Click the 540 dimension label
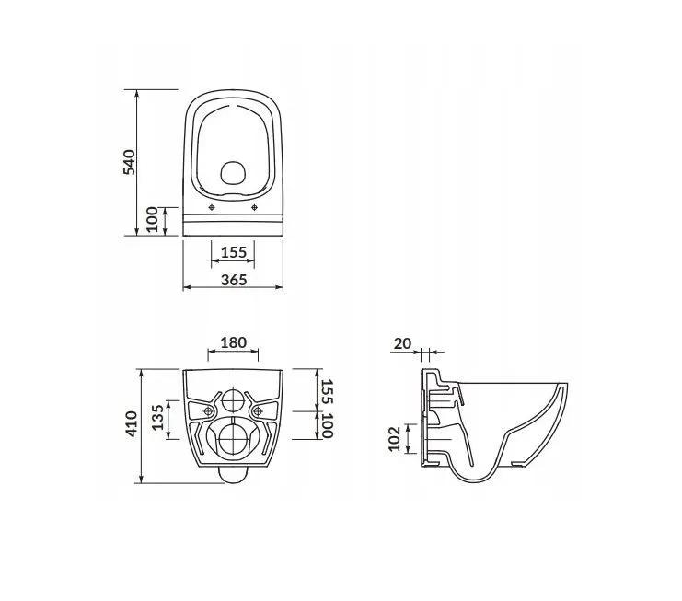tap(129, 162)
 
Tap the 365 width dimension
tap(234, 280)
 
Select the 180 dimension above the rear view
tap(234, 342)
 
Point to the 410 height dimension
tap(131, 424)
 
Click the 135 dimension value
tap(158, 418)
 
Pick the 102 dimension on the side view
tap(394, 439)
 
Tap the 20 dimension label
tap(402, 343)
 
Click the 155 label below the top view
tap(234, 252)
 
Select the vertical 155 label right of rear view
tap(328, 392)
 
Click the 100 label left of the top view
tap(152, 220)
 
